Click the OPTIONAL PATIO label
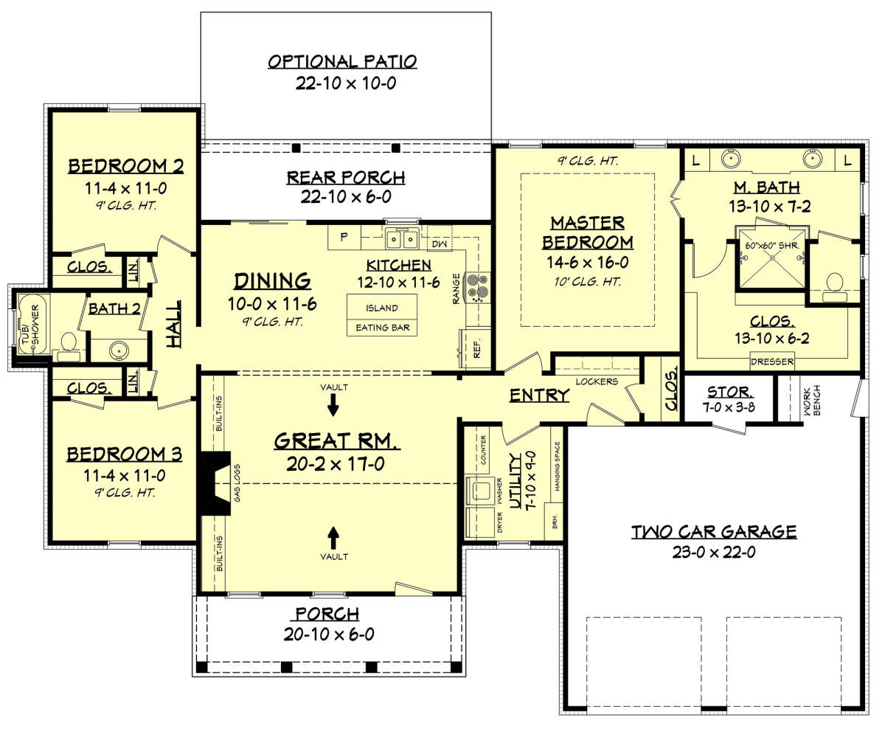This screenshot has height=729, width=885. [x=342, y=62]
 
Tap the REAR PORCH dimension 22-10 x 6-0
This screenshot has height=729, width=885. [x=346, y=196]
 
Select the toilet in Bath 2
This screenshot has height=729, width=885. [x=69, y=346]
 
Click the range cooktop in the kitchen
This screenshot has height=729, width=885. [x=477, y=287]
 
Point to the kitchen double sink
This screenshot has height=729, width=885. [x=402, y=239]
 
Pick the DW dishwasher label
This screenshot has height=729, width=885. [x=440, y=244]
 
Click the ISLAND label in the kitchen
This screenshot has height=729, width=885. [x=381, y=308]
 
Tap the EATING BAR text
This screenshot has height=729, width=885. [x=382, y=328]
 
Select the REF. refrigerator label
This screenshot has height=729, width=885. [x=476, y=348]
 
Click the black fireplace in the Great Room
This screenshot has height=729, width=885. [x=215, y=483]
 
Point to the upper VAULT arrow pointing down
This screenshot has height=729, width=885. [x=333, y=405]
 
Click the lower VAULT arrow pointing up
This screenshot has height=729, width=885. [x=333, y=538]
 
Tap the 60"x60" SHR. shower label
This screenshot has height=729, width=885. [x=771, y=245]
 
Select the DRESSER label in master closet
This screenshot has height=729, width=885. [x=771, y=362]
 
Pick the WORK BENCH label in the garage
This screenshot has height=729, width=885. [x=811, y=400]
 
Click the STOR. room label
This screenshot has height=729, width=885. [x=730, y=392]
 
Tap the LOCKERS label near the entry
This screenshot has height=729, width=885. [x=597, y=381]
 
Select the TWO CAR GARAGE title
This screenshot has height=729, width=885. [x=714, y=532]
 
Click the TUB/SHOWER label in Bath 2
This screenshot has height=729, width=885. [x=31, y=325]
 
